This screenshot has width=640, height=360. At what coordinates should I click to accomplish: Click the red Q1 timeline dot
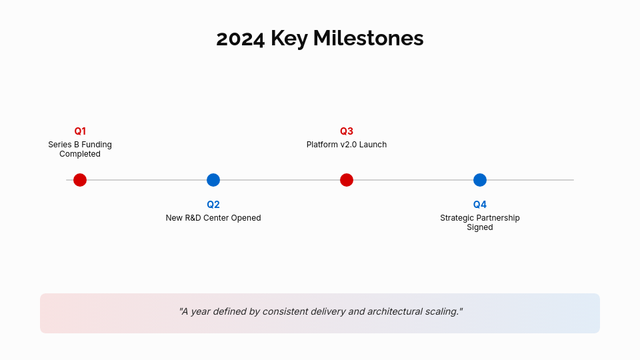[x=80, y=180]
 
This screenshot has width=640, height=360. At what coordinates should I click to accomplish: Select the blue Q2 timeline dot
[x=213, y=180]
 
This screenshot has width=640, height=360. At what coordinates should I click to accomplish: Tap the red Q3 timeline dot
[x=347, y=180]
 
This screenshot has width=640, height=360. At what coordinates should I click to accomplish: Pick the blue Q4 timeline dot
[x=480, y=180]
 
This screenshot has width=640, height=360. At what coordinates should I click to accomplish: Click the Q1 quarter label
[x=80, y=131]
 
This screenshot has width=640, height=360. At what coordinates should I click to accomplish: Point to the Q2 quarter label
[x=213, y=205]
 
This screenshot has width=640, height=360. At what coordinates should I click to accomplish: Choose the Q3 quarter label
[x=347, y=131]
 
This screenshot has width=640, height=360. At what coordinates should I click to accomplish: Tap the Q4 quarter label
[x=480, y=205]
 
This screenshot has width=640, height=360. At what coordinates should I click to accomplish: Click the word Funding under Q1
[x=97, y=145]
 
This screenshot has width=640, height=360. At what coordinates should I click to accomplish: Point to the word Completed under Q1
[x=80, y=154]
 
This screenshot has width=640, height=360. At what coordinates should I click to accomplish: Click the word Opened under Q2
[x=246, y=218]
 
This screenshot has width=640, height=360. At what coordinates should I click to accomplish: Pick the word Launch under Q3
[x=373, y=145]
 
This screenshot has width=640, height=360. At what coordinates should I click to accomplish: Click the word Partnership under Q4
[x=498, y=218]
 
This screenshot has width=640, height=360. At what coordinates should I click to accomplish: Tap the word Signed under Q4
[x=480, y=227]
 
